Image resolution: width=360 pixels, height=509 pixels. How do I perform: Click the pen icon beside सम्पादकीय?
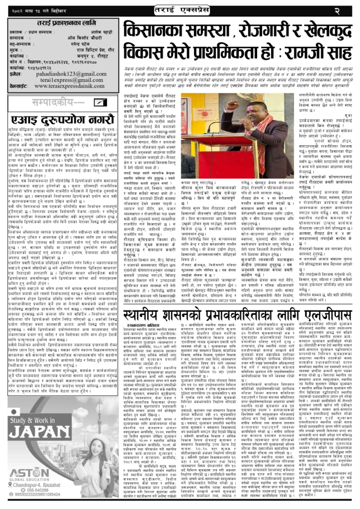coord(100,102)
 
